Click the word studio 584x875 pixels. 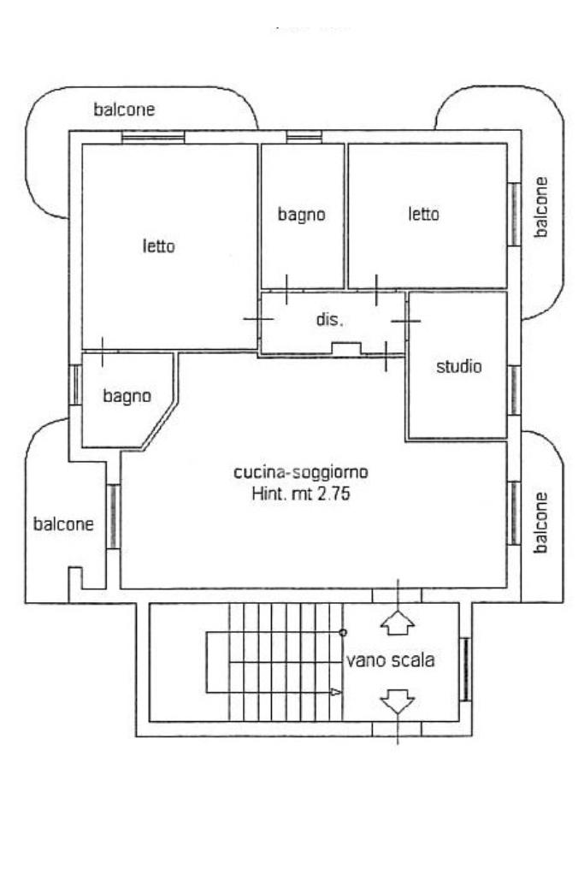point(458,367)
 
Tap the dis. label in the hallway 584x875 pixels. point(329,320)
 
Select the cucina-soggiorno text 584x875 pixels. point(301,472)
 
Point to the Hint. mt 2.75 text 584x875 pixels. point(301,494)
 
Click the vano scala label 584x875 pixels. point(391,660)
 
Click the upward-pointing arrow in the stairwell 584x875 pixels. point(397,623)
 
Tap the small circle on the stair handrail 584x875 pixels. point(343,632)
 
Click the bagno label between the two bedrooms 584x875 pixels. point(301,215)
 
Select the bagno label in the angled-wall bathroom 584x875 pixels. point(127,396)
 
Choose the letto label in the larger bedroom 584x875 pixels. point(159,246)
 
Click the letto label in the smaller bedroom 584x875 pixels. point(424,214)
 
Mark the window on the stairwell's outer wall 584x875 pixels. point(465,670)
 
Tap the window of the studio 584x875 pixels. point(514,391)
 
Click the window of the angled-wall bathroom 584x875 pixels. point(75,385)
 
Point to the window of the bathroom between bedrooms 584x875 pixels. point(304,137)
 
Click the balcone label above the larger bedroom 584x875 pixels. point(124,109)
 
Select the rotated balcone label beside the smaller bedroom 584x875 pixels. point(540,207)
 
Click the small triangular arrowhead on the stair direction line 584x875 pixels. point(336,692)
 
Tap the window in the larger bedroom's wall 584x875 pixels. point(153,137)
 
